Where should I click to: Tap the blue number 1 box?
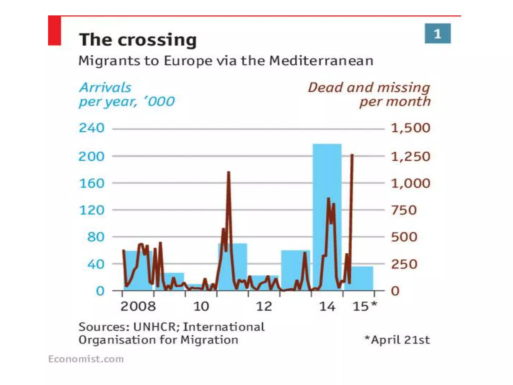point(437,34)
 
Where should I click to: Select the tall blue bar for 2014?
point(327,175)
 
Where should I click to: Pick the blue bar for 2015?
point(362,278)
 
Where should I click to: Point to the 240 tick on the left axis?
point(91,128)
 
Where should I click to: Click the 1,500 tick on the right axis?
point(411,128)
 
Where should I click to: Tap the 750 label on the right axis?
point(404,210)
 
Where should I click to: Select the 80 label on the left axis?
point(95,237)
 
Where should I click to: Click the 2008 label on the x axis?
point(138,306)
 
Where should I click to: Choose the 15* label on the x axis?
point(364,306)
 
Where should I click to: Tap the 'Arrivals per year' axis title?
point(126,94)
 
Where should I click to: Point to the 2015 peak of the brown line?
point(352,155)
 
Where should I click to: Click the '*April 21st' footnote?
point(397,340)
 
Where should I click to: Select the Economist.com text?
point(86,359)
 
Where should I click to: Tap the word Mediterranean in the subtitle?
point(321,61)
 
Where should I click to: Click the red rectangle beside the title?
point(54,31)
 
